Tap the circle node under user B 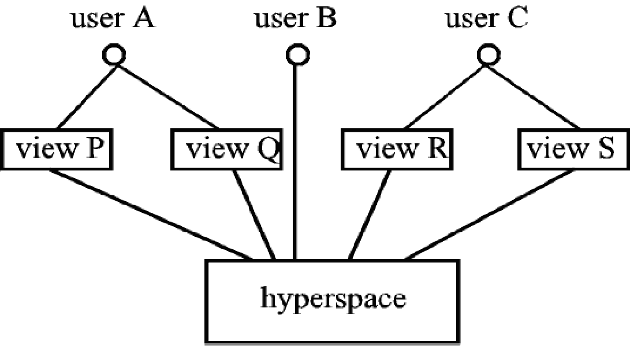pyautogui.click(x=297, y=55)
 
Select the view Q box pyautogui.click(x=226, y=150)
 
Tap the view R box pyautogui.click(x=396, y=150)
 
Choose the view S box pyautogui.click(x=571, y=150)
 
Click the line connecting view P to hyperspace pyautogui.click(x=150, y=214)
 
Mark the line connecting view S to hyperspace pyautogui.click(x=491, y=214)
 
